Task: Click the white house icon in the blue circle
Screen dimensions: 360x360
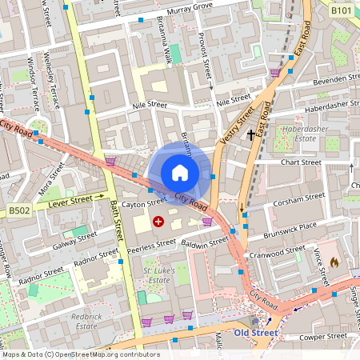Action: (x=180, y=173)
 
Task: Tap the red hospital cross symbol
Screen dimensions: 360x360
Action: (x=158, y=220)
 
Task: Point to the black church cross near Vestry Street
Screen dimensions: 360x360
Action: (x=252, y=134)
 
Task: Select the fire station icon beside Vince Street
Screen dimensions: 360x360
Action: (x=334, y=262)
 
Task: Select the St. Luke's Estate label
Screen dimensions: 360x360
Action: (x=158, y=277)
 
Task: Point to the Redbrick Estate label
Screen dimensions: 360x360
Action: (x=86, y=321)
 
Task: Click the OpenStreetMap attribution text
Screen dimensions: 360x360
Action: (x=80, y=354)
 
